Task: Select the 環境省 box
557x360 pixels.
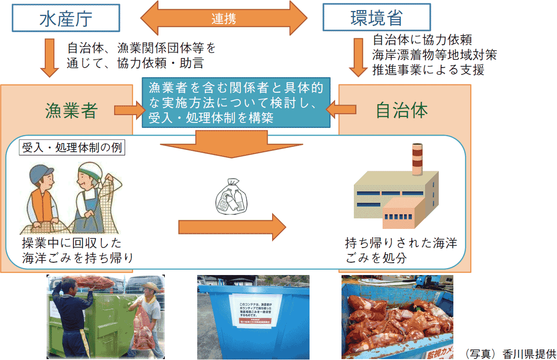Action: click(376, 18)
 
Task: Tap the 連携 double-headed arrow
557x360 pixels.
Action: click(224, 19)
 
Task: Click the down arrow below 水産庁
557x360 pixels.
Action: click(50, 58)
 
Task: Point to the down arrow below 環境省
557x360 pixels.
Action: click(361, 58)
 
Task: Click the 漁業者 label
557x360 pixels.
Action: click(71, 110)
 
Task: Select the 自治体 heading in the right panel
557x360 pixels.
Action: click(402, 110)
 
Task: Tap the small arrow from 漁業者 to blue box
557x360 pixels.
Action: click(128, 110)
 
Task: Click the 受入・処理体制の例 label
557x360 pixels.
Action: click(72, 148)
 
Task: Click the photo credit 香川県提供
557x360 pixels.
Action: click(509, 354)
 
